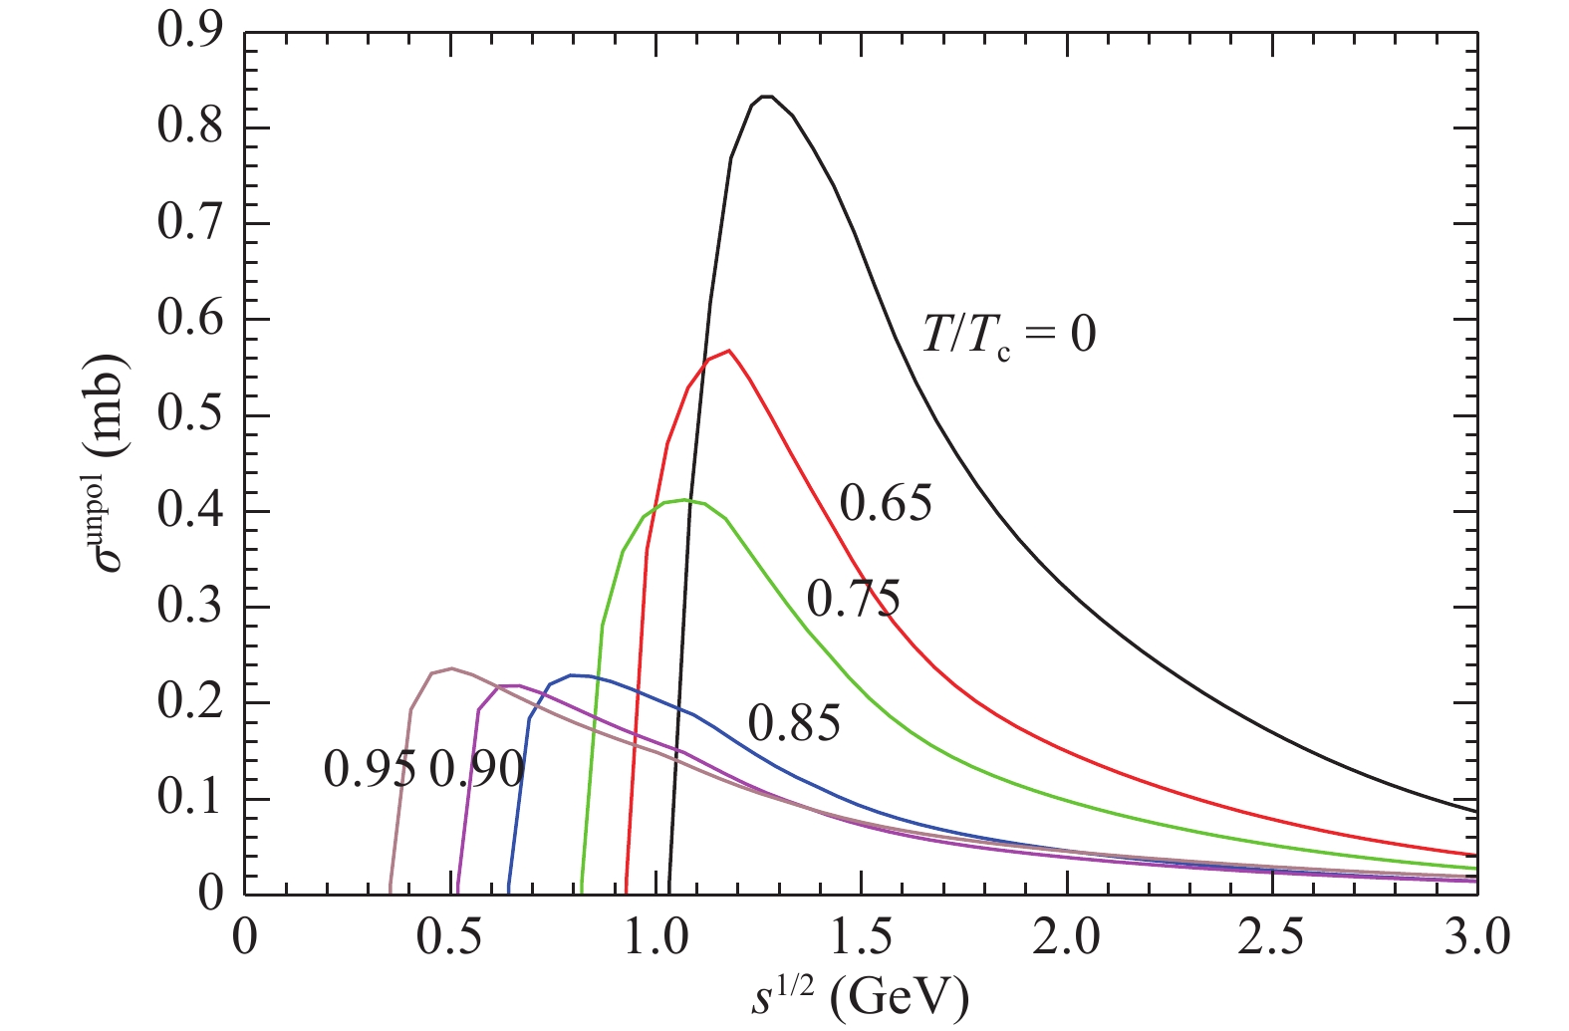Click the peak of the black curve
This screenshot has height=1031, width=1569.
pyautogui.click(x=766, y=97)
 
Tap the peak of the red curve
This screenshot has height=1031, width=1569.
pyautogui.click(x=729, y=351)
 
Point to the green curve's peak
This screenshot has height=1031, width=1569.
pyautogui.click(x=687, y=500)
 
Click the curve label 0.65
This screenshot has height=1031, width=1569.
pyautogui.click(x=886, y=503)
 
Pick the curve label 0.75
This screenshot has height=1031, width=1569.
pyautogui.click(x=853, y=600)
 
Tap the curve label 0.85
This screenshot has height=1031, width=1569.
pyautogui.click(x=794, y=723)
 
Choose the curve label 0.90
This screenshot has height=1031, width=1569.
pyautogui.click(x=476, y=769)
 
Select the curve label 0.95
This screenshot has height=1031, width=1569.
pyautogui.click(x=370, y=769)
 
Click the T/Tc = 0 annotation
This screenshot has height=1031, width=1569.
pyautogui.click(x=1008, y=334)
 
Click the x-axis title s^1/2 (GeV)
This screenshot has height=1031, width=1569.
pyautogui.click(x=859, y=996)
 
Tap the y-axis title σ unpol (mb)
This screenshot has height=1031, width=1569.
pyautogui.click(x=111, y=463)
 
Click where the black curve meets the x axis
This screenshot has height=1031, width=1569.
pyautogui.click(x=668, y=893)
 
